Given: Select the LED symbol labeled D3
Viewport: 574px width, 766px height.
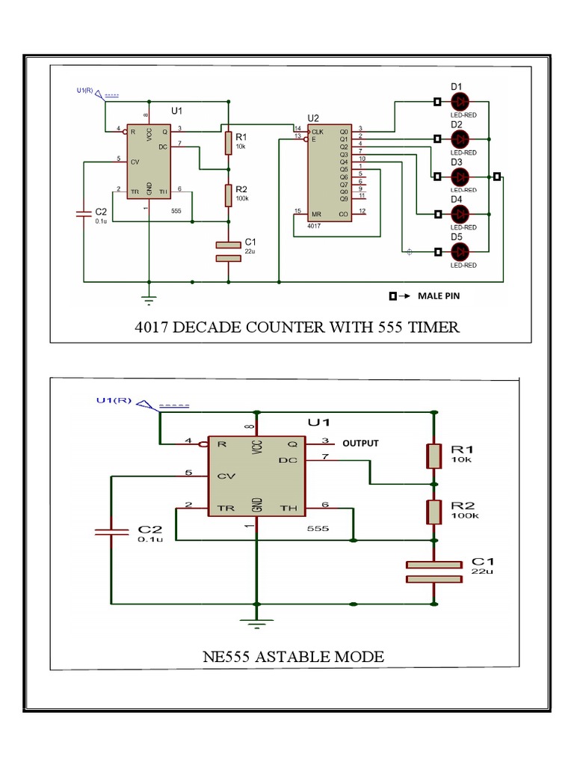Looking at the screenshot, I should [x=460, y=177].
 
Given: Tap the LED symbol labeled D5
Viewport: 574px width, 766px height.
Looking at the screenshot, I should [x=460, y=251].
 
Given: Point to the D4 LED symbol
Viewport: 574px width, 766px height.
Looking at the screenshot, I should [x=460, y=214].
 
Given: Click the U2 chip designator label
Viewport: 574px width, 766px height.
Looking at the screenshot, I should [x=313, y=117].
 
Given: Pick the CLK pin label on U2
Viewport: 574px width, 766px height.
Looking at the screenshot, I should [x=318, y=130].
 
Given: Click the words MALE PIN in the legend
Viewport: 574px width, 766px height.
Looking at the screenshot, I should [x=439, y=295].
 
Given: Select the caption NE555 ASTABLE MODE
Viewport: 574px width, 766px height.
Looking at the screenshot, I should [x=293, y=657].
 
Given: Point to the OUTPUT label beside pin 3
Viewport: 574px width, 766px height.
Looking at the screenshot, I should [x=360, y=443].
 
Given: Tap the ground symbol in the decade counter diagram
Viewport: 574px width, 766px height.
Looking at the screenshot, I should [x=149, y=300].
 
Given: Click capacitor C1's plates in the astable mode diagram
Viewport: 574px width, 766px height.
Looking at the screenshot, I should [x=434, y=571].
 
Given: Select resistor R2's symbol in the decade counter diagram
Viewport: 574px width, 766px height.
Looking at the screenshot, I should [x=228, y=195].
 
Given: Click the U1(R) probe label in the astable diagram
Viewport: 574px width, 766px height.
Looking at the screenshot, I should [x=114, y=400].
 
